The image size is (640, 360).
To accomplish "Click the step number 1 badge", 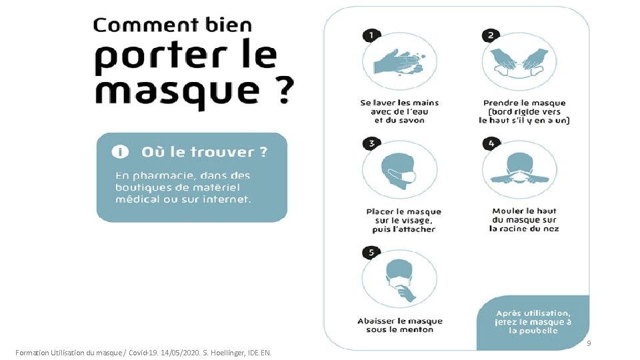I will [371, 35].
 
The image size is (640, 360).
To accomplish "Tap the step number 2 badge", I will [491, 35].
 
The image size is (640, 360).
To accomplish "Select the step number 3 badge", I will [371, 143].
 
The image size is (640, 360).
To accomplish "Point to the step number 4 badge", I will [491, 143].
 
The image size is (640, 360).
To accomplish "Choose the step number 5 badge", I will [371, 253].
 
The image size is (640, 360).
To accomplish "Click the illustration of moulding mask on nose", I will [520, 170].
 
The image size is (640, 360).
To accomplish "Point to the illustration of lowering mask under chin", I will [400, 280].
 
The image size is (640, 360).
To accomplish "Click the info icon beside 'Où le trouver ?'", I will [121, 152].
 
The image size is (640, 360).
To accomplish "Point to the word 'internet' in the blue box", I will [226, 199].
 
